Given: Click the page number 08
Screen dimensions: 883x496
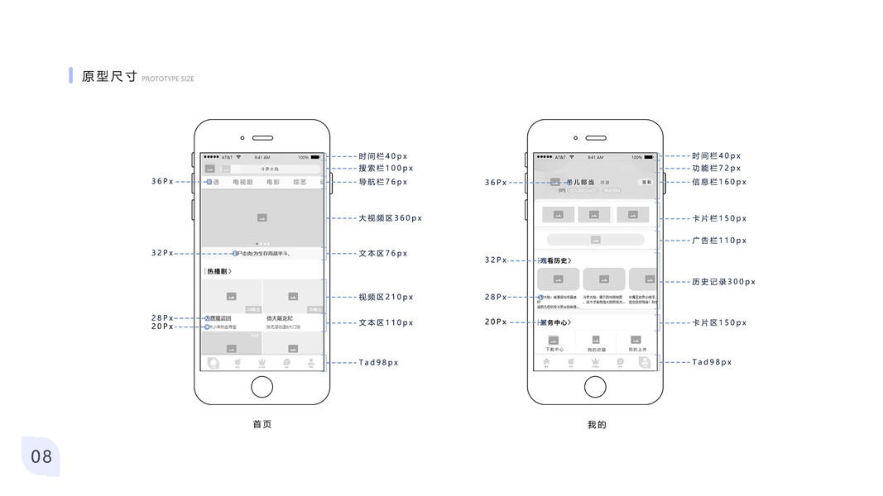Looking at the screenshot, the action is pos(41,456).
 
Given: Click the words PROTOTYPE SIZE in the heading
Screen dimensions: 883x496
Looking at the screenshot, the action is pos(168,79).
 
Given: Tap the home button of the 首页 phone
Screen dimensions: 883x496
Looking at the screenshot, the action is pos(262,386).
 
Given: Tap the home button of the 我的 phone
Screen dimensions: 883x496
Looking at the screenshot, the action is pos(595,386).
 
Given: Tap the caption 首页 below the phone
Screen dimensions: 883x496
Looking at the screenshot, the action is pos(262,424).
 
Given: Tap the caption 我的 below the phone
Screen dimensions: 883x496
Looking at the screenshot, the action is pos(597,424).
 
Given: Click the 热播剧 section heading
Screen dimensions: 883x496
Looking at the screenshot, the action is pos(218,271).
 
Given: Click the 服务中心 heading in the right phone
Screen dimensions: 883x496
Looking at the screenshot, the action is pos(556,322).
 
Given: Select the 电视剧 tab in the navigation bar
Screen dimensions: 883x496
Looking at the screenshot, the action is pos(242,182).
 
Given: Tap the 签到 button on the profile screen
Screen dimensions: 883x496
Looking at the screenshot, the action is pos(646,182).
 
